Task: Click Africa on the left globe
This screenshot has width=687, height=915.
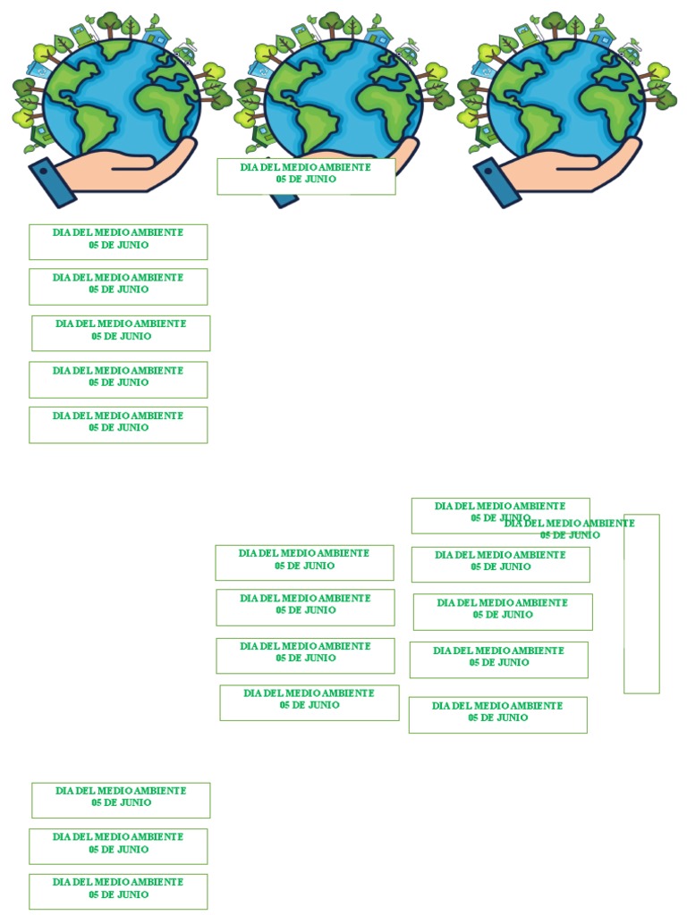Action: tap(167, 110)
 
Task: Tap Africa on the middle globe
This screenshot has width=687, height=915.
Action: tap(388, 110)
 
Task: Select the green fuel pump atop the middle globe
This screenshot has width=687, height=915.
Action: tap(303, 35)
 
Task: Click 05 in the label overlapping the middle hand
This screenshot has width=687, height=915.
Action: tap(281, 179)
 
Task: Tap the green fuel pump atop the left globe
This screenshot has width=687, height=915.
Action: tap(81, 35)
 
